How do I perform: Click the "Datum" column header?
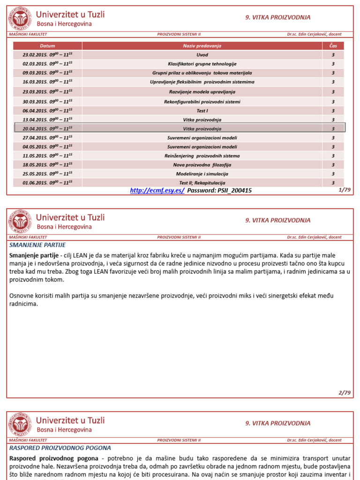[x=47, y=46]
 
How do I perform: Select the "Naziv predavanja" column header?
[x=202, y=46]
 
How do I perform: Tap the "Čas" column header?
[x=333, y=46]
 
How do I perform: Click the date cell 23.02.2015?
[x=47, y=55]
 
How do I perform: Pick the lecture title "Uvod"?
[x=202, y=55]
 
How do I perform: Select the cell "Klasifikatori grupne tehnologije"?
[x=202, y=64]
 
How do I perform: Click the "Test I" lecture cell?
[x=202, y=111]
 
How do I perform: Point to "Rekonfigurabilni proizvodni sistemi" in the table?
[x=202, y=102]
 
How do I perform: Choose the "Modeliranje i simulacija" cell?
[x=202, y=174]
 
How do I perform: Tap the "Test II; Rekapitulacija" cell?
[x=202, y=183]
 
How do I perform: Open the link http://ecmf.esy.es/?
[x=157, y=191]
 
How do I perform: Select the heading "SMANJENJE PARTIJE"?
[x=37, y=245]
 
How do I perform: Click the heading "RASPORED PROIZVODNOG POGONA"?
[x=60, y=448]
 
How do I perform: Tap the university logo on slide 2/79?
[x=21, y=222]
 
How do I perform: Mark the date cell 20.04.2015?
[x=47, y=128]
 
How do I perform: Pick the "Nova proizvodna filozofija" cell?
[x=202, y=165]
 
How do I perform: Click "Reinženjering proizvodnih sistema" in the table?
[x=202, y=156]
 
